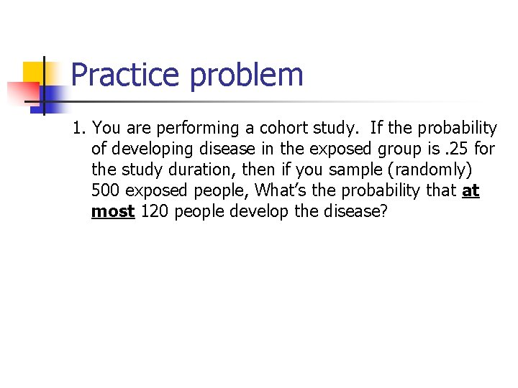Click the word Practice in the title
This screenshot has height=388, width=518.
point(125,75)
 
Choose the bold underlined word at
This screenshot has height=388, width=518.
point(471,191)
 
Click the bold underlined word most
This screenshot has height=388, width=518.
point(113,212)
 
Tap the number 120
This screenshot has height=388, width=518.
point(155,212)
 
